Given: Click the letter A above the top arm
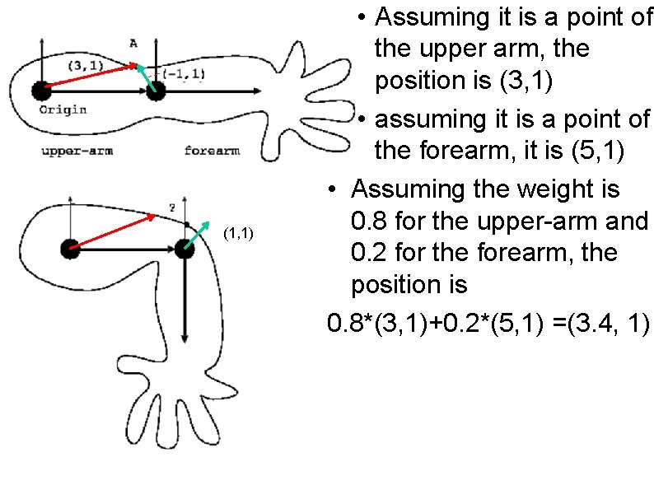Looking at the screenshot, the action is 133,43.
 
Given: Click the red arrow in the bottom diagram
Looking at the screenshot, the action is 114,231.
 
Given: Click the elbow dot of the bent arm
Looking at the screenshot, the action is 185,248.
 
